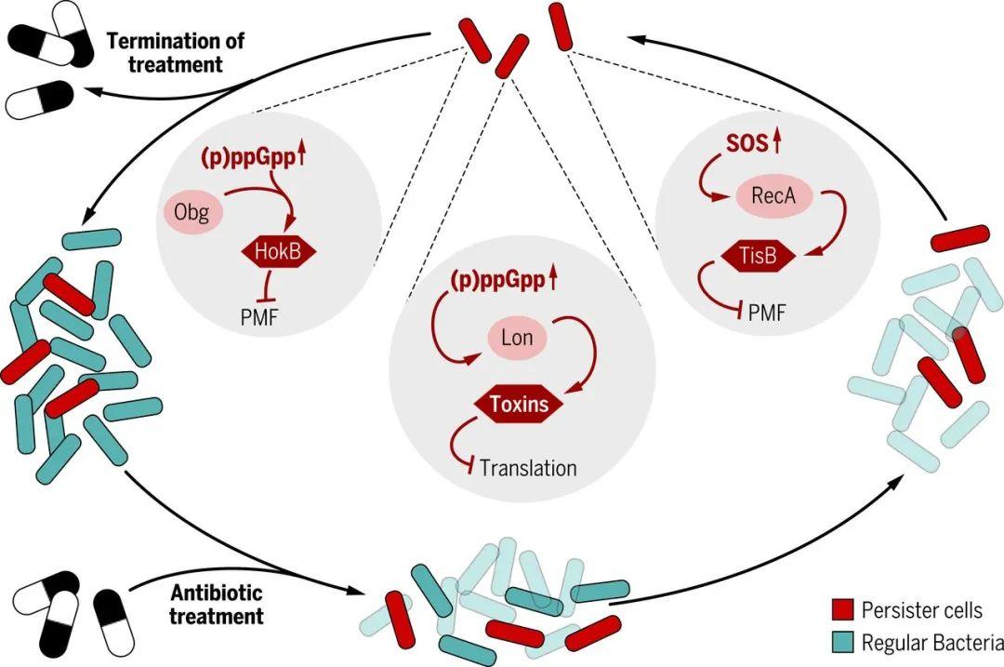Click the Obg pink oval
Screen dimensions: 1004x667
tap(191, 212)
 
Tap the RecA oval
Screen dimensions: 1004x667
tap(774, 195)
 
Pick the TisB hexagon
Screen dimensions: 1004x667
tap(759, 257)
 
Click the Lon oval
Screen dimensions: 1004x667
tap(518, 337)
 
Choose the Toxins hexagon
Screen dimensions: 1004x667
tap(520, 405)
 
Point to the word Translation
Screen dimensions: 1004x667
tap(528, 468)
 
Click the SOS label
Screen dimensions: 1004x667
tap(746, 143)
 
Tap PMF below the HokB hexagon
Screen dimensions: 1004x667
tap(259, 316)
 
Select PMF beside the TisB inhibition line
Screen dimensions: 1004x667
tap(766, 313)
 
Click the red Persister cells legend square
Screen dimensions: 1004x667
tap(842, 610)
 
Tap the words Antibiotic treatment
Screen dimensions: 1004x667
tap(217, 605)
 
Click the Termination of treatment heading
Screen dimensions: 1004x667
tap(176, 52)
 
